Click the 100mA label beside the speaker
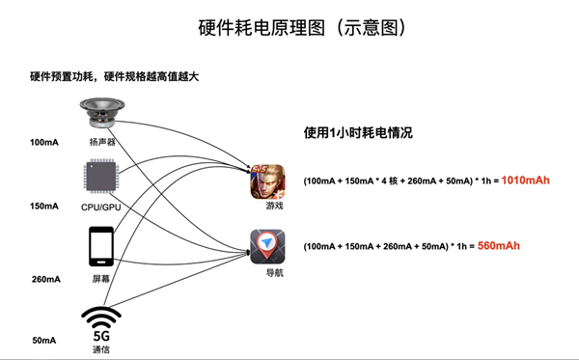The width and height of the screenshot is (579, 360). tap(44, 142)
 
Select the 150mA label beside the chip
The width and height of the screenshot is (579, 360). tap(44, 206)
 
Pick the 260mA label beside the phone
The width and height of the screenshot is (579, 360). tap(44, 279)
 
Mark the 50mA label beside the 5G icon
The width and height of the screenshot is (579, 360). tap(44, 340)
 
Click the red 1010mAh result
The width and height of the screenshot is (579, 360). tap(525, 180)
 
